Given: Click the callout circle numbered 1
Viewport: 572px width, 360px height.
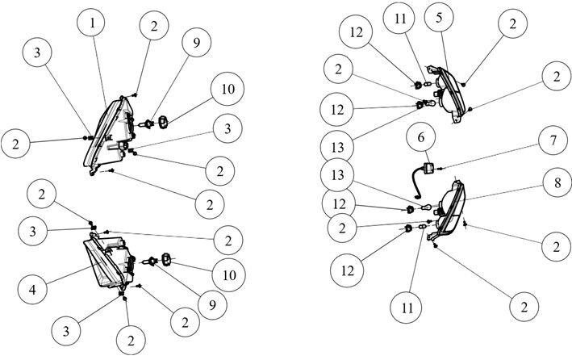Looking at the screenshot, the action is click(91, 23).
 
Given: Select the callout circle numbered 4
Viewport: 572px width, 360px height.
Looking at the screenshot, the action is click(32, 289).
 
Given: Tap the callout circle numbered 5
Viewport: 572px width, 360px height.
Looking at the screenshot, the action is click(439, 17).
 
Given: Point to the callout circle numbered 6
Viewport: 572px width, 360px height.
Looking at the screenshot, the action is click(421, 137).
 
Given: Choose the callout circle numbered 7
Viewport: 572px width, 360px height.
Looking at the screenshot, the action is click(553, 140).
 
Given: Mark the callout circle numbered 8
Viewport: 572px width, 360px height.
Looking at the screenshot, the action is click(557, 182).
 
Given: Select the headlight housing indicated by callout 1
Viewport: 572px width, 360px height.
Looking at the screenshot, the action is click(110, 135).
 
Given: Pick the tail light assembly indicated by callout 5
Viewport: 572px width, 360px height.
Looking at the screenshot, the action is click(448, 93).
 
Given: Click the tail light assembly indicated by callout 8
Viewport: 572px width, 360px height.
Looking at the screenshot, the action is click(446, 210).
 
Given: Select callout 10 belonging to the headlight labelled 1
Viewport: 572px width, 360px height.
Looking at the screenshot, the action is click(228, 89).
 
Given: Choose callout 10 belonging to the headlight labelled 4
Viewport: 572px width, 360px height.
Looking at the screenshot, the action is click(229, 275).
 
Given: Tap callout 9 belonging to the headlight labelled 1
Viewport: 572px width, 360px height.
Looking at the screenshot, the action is click(196, 42).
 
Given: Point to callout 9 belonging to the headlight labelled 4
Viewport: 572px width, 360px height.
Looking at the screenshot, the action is click(212, 305).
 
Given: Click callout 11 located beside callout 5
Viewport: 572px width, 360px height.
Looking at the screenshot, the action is click(400, 18).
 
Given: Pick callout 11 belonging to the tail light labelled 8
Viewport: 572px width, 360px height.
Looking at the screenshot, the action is click(407, 308).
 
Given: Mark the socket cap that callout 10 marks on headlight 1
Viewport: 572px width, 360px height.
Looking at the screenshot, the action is click(163, 122).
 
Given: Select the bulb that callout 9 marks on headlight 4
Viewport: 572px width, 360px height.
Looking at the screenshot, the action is click(150, 261).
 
